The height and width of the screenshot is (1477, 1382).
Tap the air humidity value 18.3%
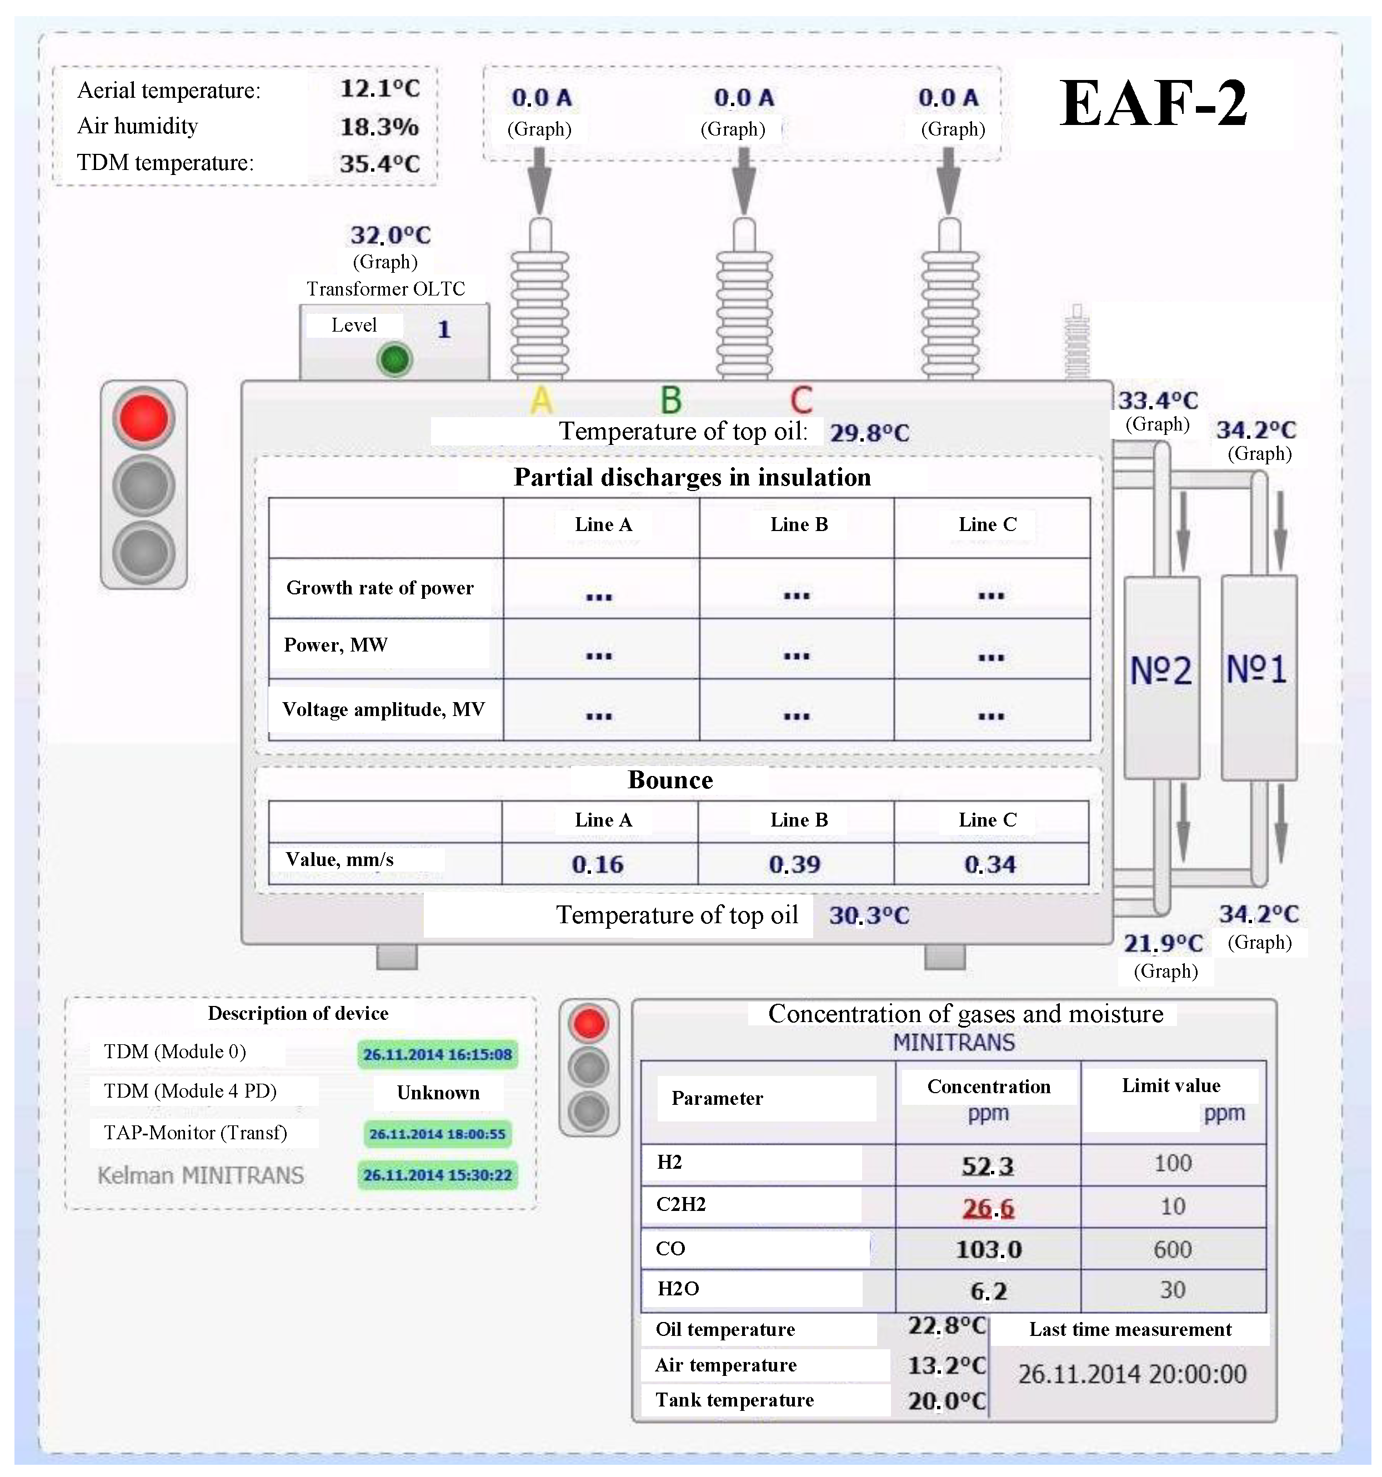click(379, 127)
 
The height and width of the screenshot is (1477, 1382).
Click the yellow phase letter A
click(542, 400)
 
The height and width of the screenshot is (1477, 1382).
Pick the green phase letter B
click(671, 400)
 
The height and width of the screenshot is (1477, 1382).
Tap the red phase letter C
click(801, 400)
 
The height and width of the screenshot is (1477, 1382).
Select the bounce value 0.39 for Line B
click(794, 865)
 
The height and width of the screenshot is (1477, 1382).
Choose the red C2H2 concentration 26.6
click(988, 1209)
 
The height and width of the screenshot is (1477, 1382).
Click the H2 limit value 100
click(1173, 1163)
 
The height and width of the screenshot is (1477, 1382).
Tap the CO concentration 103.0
click(988, 1250)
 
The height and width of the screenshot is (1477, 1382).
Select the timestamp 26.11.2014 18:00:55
click(437, 1134)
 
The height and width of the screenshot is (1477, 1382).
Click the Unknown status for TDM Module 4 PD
click(438, 1092)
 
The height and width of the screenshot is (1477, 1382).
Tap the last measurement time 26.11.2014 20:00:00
click(1131, 1374)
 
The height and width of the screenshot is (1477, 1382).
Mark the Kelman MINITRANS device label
click(201, 1175)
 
